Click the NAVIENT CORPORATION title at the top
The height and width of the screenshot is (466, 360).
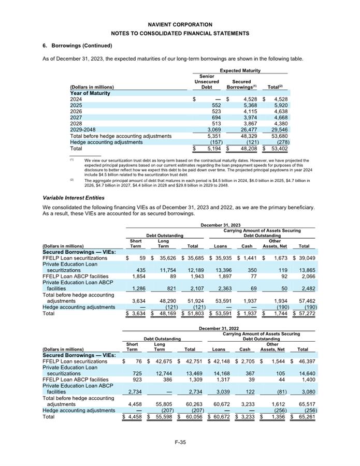click(180, 24)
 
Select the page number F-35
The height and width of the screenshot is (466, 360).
click(180, 441)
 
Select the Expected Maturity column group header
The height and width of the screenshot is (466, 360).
click(240, 70)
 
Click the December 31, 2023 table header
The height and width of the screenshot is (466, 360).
click(220, 225)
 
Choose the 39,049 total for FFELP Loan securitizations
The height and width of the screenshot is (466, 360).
click(304, 257)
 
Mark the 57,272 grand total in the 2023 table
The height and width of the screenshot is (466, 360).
click(304, 313)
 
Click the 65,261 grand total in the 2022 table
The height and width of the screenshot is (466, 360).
click(304, 416)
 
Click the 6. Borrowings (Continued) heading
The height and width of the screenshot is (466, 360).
click(77, 46)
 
